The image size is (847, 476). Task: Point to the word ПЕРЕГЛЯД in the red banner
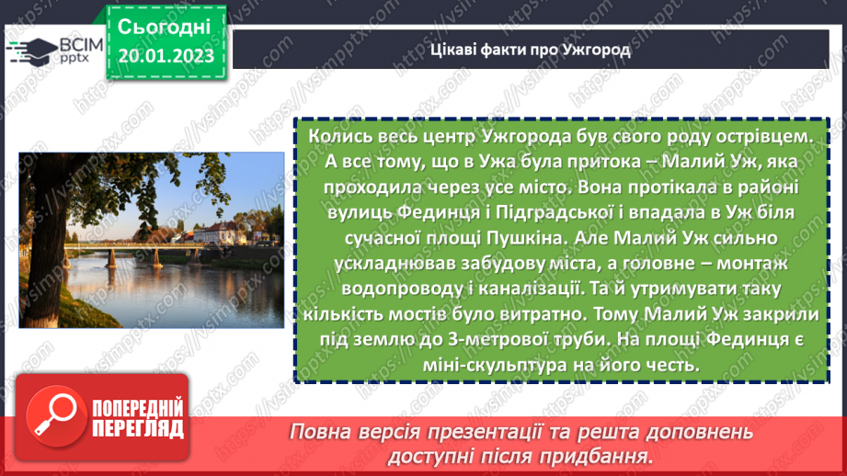tap(139, 428)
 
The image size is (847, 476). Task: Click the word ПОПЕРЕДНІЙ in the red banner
tap(139, 407)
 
